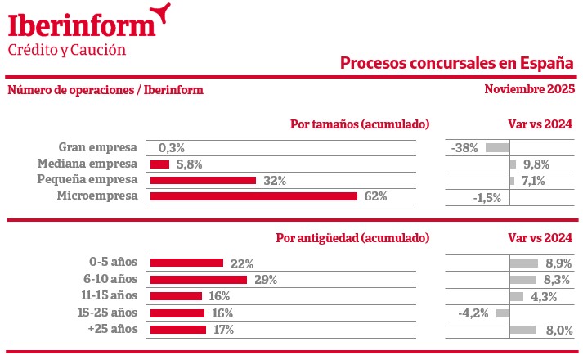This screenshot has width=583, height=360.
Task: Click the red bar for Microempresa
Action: (x=253, y=196)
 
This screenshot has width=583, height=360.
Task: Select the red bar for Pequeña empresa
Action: (x=203, y=180)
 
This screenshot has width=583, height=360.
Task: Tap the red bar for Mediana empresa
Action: (x=159, y=164)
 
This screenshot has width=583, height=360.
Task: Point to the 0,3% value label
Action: (x=172, y=148)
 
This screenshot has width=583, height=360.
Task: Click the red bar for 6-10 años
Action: (x=199, y=280)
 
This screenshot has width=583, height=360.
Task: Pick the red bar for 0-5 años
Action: (x=186, y=263)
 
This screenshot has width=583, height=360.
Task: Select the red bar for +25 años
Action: (x=178, y=330)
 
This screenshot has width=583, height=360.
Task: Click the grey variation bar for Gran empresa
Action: (x=497, y=148)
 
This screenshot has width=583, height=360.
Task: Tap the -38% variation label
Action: (x=464, y=148)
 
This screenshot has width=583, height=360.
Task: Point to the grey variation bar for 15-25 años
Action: (x=503, y=313)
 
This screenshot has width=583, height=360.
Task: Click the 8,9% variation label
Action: (x=557, y=263)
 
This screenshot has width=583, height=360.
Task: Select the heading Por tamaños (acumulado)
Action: (x=360, y=124)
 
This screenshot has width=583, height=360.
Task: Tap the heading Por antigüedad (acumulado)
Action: (x=352, y=238)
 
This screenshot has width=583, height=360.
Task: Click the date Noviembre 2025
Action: (x=529, y=89)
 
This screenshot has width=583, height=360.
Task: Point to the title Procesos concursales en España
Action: (x=456, y=63)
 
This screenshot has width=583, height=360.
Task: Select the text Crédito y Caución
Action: (x=67, y=49)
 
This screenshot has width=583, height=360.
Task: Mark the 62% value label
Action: (x=375, y=196)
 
